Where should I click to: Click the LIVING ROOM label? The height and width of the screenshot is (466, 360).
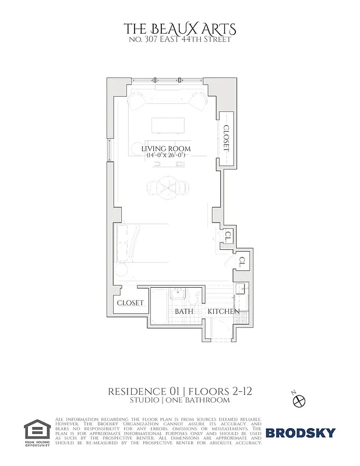coord(166,149)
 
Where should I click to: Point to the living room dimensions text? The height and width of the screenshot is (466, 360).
coord(166,157)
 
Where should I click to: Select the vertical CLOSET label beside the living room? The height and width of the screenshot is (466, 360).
coord(227,138)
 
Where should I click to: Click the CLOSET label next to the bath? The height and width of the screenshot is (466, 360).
coord(130,303)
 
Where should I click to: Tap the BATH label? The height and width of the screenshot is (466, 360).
coord(185,312)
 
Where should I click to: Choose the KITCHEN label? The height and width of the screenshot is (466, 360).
coord(224,312)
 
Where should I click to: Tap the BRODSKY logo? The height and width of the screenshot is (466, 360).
coord(301,433)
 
